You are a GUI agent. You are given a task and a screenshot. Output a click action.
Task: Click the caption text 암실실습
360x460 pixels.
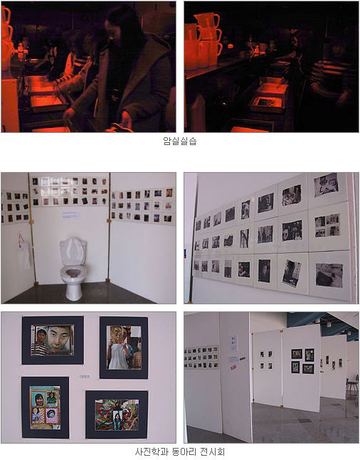180,141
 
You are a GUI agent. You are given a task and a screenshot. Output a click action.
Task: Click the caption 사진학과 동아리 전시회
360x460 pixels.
180,451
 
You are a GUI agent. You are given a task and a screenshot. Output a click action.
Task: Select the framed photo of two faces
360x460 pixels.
53,341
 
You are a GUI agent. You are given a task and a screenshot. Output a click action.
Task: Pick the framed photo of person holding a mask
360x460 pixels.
124,348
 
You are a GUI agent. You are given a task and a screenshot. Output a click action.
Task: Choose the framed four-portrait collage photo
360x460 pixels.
46,407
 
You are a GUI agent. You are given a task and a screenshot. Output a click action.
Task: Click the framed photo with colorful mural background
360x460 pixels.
117,414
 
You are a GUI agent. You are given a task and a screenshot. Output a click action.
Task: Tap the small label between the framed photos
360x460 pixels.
85,376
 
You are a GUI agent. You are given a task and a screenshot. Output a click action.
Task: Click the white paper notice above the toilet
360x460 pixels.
71,215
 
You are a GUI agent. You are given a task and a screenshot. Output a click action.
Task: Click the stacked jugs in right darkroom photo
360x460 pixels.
202,41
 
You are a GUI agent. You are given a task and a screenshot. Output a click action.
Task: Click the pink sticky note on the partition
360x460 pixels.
234,367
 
